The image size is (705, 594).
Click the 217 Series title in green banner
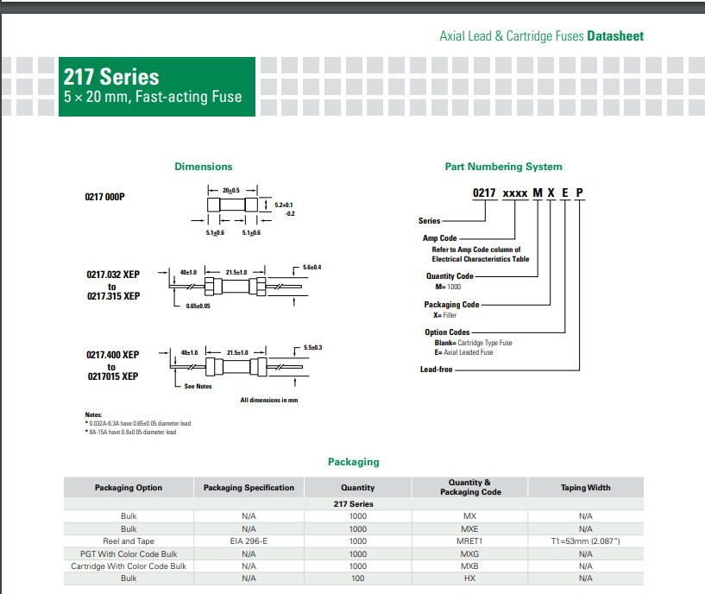[x=111, y=77]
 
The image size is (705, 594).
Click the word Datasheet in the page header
[x=615, y=36]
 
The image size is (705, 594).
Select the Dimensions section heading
[x=203, y=167]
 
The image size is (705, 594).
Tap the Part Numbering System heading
[x=503, y=167]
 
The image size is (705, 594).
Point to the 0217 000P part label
[x=104, y=197]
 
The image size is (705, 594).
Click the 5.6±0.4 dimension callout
[x=312, y=268]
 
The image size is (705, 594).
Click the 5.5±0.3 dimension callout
[x=312, y=347]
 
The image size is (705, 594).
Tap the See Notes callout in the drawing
[x=198, y=386]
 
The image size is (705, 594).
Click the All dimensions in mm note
[x=268, y=401]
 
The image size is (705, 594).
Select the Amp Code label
[x=439, y=238]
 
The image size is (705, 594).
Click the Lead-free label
[x=436, y=370]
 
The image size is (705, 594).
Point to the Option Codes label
[x=447, y=332]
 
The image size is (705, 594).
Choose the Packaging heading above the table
[x=353, y=462]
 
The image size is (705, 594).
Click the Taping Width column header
[x=585, y=488]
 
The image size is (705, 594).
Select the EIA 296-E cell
[x=249, y=541]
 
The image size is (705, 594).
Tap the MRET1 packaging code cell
[x=469, y=541]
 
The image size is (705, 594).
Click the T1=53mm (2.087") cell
[x=585, y=541]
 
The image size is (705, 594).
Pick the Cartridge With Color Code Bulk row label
[x=129, y=566]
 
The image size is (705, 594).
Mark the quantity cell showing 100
[x=357, y=578]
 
